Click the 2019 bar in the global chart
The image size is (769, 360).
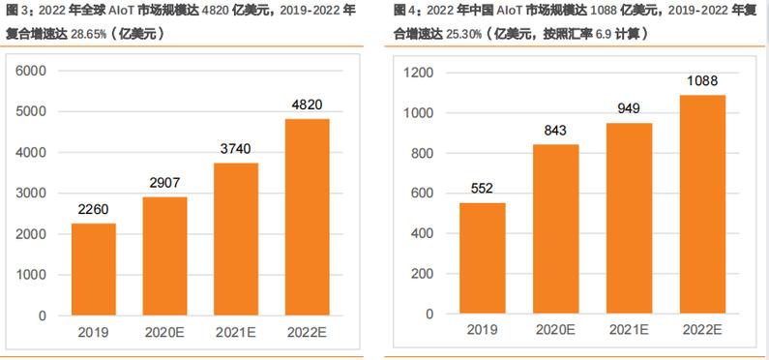pos(95,269)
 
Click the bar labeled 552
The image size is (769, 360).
pos(482,259)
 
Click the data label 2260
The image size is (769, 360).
pos(95,207)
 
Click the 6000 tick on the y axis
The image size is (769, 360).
pos(31,72)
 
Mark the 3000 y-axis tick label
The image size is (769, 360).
pos(31,194)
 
